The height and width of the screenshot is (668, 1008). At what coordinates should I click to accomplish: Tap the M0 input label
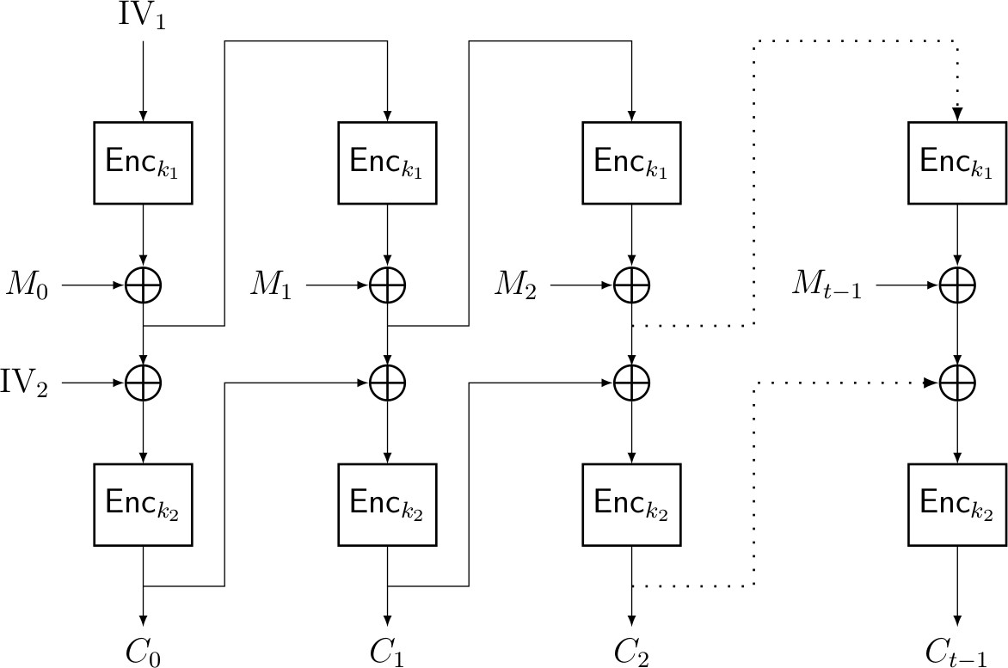[28, 285]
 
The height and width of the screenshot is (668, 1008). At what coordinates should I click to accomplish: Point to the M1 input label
[271, 285]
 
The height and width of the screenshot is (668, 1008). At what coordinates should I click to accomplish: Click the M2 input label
[515, 285]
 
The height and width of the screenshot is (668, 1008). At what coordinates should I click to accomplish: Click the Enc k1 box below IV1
[144, 162]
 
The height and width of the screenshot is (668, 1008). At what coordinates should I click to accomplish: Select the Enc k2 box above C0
[144, 504]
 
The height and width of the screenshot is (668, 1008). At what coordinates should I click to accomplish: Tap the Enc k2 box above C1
[388, 504]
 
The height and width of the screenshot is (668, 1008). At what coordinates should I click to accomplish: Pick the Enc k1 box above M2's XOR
[632, 162]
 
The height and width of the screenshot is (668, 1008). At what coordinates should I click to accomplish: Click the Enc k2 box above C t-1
[957, 504]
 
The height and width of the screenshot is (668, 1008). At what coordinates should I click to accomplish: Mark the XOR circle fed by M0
[144, 285]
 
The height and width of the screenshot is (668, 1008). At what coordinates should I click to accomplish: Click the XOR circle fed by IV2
[144, 381]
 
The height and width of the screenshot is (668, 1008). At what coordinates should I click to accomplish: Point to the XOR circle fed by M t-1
[957, 285]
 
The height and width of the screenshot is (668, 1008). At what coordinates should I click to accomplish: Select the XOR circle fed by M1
[388, 285]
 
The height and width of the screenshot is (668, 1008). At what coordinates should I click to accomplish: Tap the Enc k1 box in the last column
[957, 162]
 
